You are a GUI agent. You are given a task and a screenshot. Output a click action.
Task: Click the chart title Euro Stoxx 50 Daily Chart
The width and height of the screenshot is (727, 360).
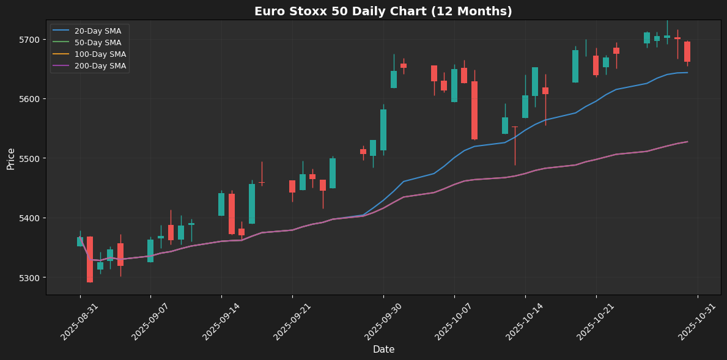point(383,11)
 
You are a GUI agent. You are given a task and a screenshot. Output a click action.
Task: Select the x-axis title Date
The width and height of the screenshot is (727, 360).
point(383,350)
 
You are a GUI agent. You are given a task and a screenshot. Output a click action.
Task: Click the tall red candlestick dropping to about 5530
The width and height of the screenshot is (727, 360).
point(474,110)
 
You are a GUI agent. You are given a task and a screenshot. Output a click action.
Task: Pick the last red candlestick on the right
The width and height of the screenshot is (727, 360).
point(687,51)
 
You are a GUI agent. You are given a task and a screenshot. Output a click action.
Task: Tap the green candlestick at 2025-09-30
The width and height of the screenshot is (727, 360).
point(383,130)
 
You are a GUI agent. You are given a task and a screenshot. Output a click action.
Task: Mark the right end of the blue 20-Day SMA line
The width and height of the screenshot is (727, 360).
point(687,73)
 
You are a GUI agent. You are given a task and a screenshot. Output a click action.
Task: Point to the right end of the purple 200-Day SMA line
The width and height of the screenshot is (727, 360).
point(687,142)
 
